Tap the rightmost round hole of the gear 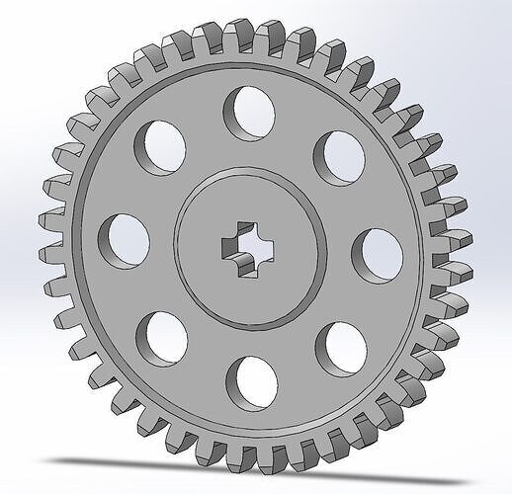[x=377, y=253]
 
